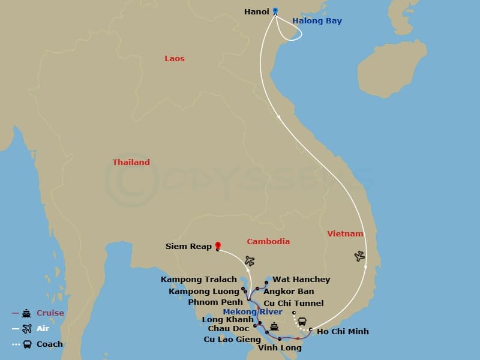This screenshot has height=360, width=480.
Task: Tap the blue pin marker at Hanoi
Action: [275, 10]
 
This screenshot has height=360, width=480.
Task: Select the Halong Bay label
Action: [317, 21]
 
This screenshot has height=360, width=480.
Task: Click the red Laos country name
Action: [175, 59]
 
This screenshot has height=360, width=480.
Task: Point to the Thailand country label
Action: [131, 163]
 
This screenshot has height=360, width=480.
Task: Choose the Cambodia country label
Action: [268, 242]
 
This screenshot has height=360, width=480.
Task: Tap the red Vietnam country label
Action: [345, 234]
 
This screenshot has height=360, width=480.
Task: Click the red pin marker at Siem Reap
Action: [217, 245]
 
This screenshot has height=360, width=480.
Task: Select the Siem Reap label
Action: [188, 247]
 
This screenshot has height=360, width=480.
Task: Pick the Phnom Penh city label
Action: [215, 302]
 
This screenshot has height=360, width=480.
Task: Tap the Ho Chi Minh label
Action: [343, 332]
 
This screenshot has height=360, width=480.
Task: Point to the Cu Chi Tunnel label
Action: [293, 304]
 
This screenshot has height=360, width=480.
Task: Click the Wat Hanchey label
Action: [301, 280]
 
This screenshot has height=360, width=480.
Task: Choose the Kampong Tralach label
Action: [199, 280]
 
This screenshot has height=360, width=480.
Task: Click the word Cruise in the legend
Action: [50, 313]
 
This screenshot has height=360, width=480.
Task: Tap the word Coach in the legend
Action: [50, 344]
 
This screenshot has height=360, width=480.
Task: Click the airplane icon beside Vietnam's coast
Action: [359, 256]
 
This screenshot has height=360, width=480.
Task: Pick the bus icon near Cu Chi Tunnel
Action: [302, 322]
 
